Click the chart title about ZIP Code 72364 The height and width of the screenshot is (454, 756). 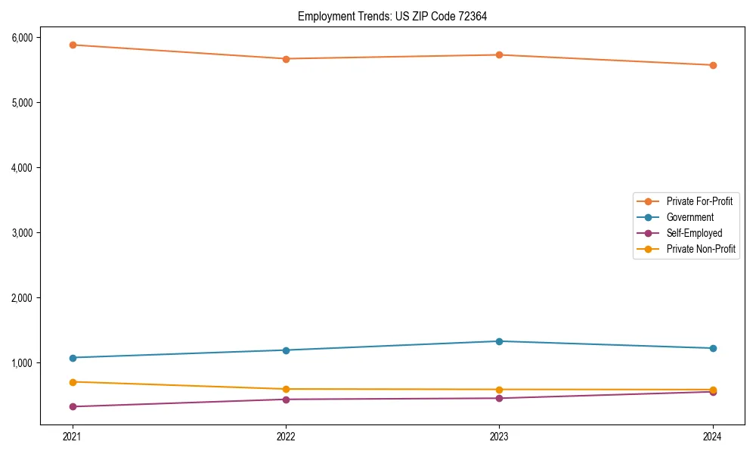[x=392, y=16]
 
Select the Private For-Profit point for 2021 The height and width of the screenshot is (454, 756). [x=73, y=45]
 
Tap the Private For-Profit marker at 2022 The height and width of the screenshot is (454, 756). [x=286, y=58]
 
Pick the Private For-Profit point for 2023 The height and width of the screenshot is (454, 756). [x=499, y=54]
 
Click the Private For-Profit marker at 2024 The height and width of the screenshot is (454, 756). [x=713, y=65]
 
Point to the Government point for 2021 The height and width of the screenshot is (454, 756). [x=73, y=358]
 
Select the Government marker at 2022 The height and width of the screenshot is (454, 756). [x=286, y=350]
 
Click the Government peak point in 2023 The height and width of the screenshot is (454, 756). [x=499, y=341]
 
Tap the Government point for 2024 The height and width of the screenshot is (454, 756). [x=713, y=348]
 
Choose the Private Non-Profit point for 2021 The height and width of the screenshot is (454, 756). [x=73, y=382]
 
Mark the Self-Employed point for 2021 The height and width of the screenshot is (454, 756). [x=73, y=407]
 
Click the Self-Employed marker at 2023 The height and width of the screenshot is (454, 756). [x=499, y=398]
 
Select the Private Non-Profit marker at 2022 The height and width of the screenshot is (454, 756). [x=286, y=389]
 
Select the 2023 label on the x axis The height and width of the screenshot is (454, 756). [x=499, y=437]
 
